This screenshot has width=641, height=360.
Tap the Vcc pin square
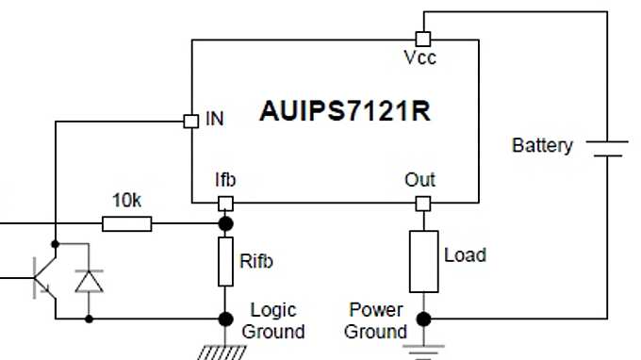[x=423, y=39]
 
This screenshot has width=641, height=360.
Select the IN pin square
[x=188, y=121]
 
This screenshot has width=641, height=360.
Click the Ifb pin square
[x=225, y=203]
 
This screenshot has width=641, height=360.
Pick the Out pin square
[x=423, y=203]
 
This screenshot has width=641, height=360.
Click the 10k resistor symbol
[x=126, y=223]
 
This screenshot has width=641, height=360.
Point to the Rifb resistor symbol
[x=225, y=261]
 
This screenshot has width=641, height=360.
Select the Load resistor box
[x=423, y=260]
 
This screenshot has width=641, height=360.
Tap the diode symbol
[x=90, y=282]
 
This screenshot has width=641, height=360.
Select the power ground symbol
[x=423, y=349]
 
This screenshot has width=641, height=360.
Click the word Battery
[x=542, y=146]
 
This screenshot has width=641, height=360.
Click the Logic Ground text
[x=273, y=320]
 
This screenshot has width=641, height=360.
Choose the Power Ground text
[x=376, y=320]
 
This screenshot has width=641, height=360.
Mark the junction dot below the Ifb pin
[x=225, y=223]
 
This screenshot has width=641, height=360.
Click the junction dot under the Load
[x=423, y=319]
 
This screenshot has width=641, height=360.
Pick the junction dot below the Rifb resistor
[x=225, y=319]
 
